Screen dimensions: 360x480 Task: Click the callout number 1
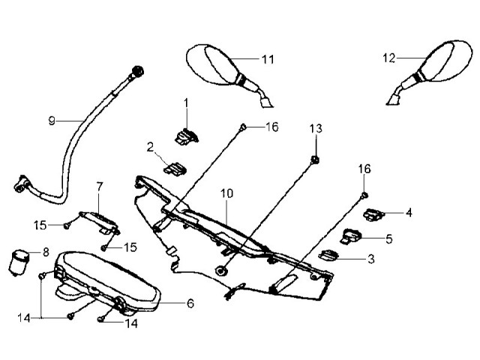pyautogui.click(x=187, y=102)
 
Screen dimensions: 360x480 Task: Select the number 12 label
pyautogui.click(x=388, y=57)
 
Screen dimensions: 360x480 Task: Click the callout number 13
pyautogui.click(x=316, y=129)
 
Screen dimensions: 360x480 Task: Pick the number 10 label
pyautogui.click(x=227, y=193)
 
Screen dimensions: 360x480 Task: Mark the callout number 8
pyautogui.click(x=45, y=252)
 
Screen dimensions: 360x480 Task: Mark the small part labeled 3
pyautogui.click(x=328, y=255)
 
